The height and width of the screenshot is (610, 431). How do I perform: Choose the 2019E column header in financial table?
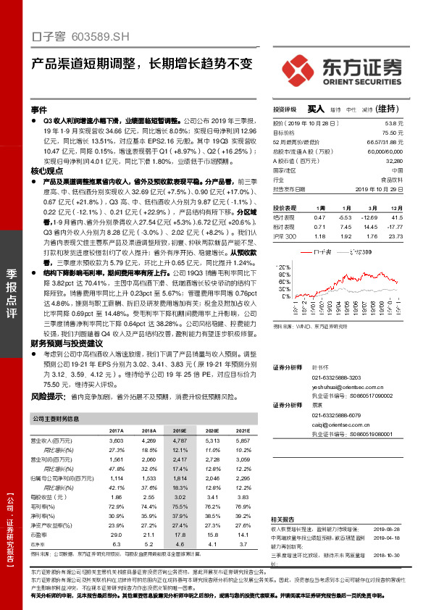179,430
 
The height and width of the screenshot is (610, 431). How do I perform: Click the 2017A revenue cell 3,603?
116,440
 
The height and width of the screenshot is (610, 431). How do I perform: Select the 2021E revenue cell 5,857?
241,440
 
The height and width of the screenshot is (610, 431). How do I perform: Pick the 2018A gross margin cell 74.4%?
148,506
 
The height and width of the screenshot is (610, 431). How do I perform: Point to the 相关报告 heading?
284,519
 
